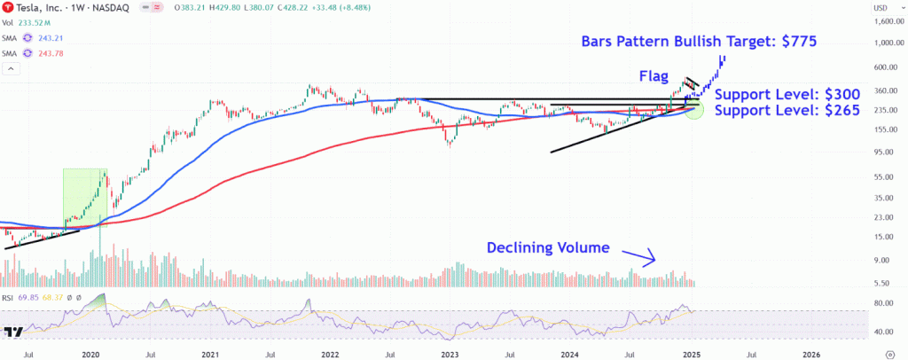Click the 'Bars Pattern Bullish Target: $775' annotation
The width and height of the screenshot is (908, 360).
coord(699,41)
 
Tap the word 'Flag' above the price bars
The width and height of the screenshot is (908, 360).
coord(654,76)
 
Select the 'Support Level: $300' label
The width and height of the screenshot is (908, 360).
coord(787,94)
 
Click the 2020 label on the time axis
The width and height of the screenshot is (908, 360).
coord(91,352)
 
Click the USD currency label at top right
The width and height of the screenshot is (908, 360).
coord(881,8)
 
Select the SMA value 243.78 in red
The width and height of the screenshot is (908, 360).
coord(51,53)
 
